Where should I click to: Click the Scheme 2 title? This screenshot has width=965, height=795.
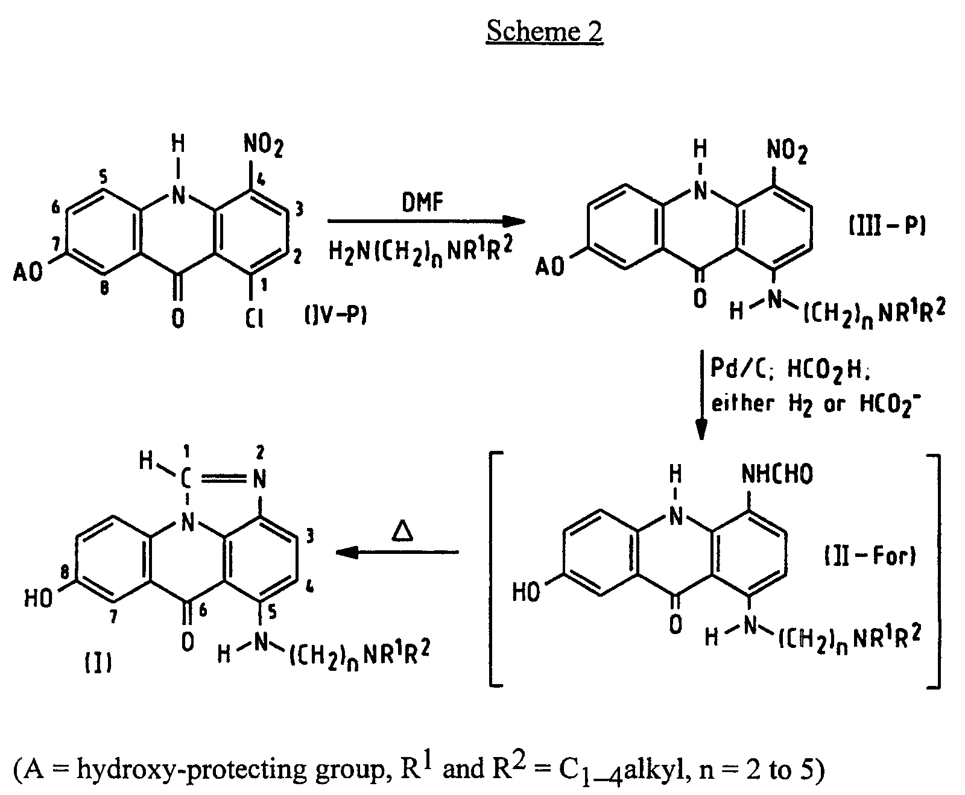tap(544, 31)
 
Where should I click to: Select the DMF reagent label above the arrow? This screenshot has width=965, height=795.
tap(422, 203)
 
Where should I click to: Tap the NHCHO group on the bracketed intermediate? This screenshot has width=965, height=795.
tap(777, 474)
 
